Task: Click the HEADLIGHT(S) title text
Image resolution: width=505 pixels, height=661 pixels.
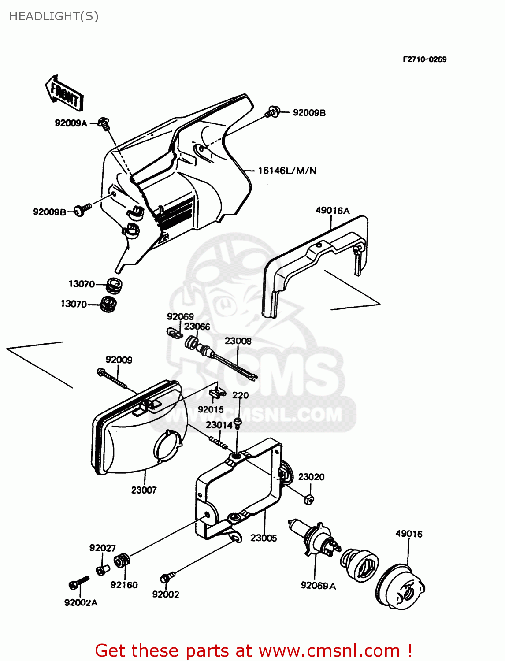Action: (54, 16)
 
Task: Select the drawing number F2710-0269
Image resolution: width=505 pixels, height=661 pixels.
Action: (424, 59)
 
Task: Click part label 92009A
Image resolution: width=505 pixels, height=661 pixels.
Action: (71, 123)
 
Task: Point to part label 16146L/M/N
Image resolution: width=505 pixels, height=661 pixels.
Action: (287, 171)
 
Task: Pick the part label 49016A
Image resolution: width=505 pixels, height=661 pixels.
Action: (332, 211)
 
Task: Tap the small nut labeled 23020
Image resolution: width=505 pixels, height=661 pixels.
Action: (309, 499)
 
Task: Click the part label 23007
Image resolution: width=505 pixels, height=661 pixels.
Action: (144, 490)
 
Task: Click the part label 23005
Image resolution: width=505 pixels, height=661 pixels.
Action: (264, 538)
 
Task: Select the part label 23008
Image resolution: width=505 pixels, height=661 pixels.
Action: (238, 341)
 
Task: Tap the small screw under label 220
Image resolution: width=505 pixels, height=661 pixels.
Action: (238, 423)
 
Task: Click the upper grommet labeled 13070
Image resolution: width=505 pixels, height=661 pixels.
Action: (114, 285)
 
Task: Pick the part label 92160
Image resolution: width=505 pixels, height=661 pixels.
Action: (124, 585)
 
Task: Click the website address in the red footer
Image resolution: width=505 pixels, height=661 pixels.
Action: (329, 651)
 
